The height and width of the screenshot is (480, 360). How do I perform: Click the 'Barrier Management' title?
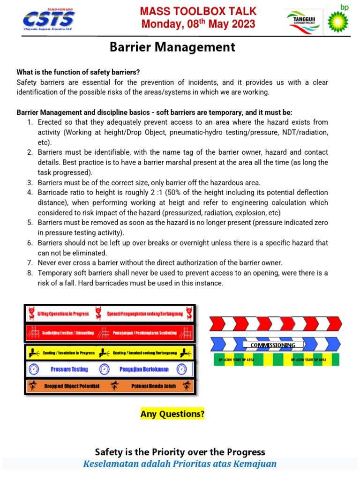tap(172, 47)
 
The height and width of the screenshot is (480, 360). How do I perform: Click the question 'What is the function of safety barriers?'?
tap(78, 72)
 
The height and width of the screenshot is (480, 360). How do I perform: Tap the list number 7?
tap(29, 263)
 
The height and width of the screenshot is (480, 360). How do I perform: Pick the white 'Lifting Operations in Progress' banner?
tap(66, 313)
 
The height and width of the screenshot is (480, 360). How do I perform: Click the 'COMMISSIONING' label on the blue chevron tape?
tap(272, 345)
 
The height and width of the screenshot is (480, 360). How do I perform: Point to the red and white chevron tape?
tap(276, 323)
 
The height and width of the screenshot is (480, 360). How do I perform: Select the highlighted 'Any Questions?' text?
tap(172, 414)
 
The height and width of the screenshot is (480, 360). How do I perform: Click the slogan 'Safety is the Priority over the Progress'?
tap(180, 452)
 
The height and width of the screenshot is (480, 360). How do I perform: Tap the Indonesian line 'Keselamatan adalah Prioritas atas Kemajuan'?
tap(180, 464)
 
